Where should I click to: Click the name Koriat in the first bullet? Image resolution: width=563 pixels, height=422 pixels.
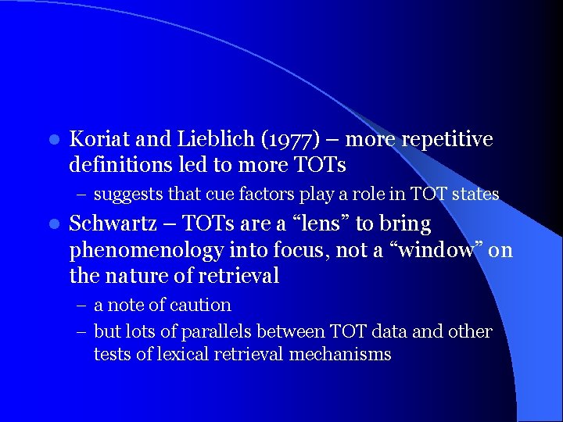(99, 140)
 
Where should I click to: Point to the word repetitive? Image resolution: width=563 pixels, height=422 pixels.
(451, 140)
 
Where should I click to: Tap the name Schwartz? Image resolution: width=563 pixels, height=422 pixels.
(108, 224)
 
